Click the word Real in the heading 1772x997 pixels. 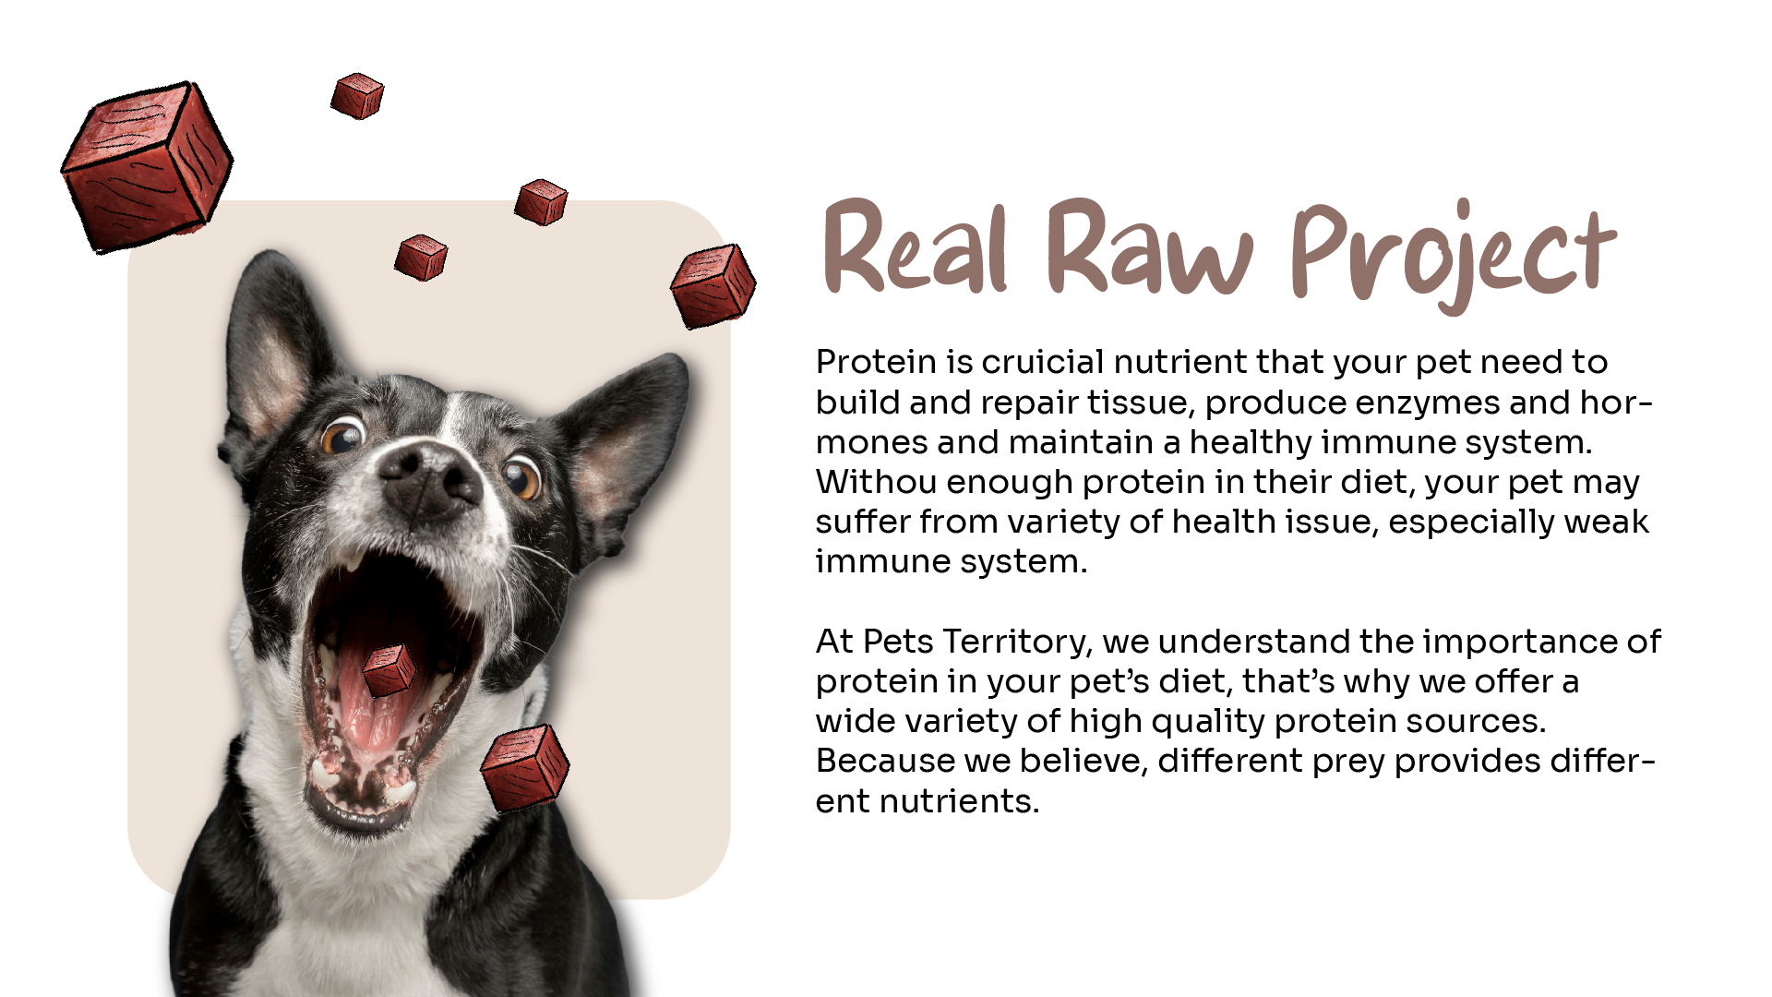point(914,246)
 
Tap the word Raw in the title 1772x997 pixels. point(1149,246)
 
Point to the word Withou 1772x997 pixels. point(876,482)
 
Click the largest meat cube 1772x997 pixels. point(147,166)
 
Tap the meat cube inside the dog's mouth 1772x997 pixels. point(389,670)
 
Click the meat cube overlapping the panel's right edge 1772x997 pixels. point(712,285)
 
